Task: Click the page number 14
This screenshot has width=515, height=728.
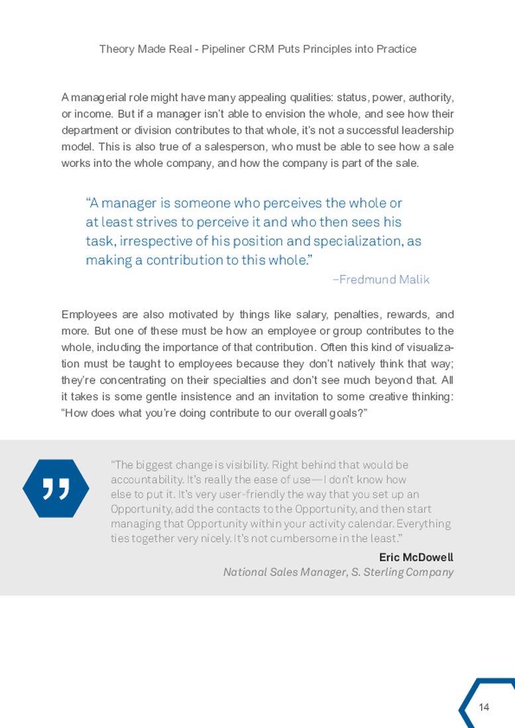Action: tap(484, 707)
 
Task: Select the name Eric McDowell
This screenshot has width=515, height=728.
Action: tap(416, 556)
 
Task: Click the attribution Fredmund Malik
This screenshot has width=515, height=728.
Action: tap(381, 280)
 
